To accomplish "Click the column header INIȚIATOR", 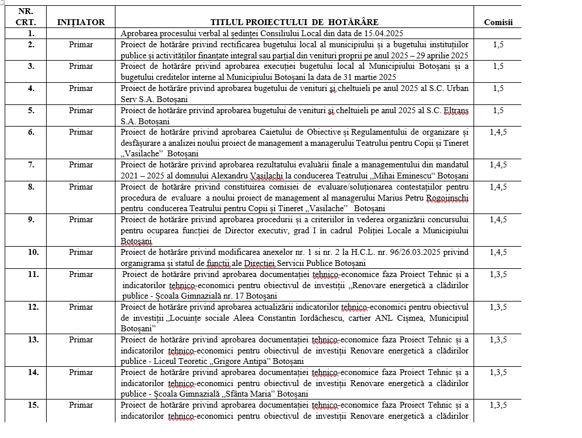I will coord(81,22).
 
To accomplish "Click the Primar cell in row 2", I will coord(80,44).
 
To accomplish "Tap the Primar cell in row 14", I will coord(80,372).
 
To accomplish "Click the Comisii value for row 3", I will coord(498,66).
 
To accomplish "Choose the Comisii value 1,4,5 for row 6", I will coord(498,132).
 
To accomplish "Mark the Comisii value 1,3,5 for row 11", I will coord(498,274).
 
